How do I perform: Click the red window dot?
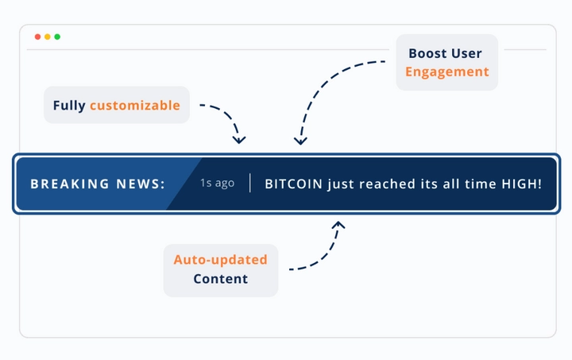click(x=37, y=37)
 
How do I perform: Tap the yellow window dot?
click(x=48, y=37)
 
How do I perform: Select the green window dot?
click(x=57, y=37)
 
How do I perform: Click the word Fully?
click(x=69, y=106)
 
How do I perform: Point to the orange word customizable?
click(x=135, y=105)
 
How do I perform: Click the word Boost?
click(x=427, y=53)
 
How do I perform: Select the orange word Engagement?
click(x=447, y=72)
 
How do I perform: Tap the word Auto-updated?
click(x=220, y=260)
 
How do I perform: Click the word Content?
click(x=221, y=279)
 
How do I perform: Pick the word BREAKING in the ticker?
click(x=70, y=184)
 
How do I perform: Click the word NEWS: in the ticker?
click(x=141, y=184)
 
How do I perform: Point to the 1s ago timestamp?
click(x=217, y=183)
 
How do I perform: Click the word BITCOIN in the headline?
click(x=294, y=184)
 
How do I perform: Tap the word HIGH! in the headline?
click(x=522, y=184)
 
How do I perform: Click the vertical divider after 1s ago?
click(x=250, y=183)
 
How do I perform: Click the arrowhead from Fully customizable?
click(x=239, y=140)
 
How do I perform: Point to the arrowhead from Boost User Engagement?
click(x=300, y=141)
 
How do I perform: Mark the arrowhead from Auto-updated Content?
click(x=339, y=225)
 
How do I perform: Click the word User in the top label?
click(x=467, y=53)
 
